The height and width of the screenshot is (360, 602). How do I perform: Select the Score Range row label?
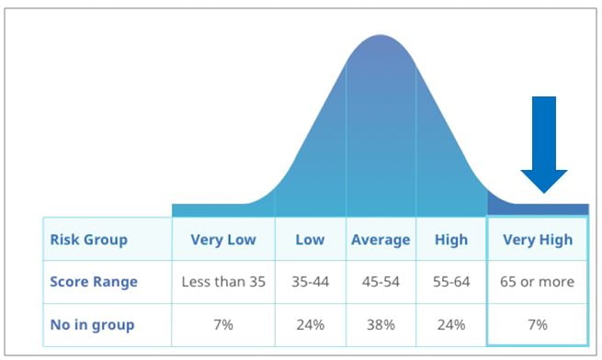(95, 282)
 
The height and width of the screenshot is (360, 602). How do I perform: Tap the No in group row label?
(94, 323)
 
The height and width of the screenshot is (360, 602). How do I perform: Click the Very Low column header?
(223, 240)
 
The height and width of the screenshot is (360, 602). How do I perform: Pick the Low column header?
(310, 240)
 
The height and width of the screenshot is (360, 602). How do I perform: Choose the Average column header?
(381, 240)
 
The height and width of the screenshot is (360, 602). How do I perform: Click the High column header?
(450, 240)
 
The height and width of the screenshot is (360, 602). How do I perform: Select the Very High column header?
(538, 240)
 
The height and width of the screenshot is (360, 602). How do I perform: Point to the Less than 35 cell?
(223, 282)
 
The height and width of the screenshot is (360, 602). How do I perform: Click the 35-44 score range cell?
(310, 282)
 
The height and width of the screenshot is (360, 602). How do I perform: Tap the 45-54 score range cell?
(381, 282)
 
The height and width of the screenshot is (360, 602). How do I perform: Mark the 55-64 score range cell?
(450, 282)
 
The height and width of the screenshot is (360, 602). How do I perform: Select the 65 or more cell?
(538, 282)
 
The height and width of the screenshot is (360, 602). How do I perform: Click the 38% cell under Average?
(381, 323)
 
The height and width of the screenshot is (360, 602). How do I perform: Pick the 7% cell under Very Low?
(223, 323)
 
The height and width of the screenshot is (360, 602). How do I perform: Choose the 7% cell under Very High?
(538, 323)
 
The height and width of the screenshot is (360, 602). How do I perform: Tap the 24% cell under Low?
(310, 323)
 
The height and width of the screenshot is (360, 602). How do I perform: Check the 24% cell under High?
(450, 323)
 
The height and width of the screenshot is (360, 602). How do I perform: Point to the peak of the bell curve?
(381, 37)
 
